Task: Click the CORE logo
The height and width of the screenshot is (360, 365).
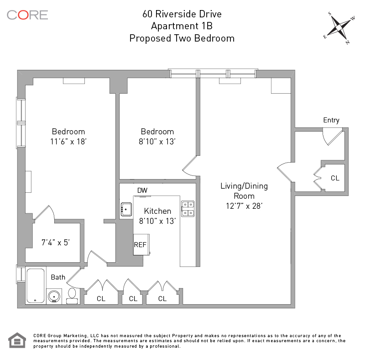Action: click(27, 15)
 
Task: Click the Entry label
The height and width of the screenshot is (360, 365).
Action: click(331, 120)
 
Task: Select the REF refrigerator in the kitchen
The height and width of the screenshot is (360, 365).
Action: click(140, 245)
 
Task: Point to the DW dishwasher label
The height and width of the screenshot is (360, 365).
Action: click(142, 190)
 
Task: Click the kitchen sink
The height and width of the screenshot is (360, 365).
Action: click(126, 210)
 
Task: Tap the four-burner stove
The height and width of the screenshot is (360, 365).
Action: click(188, 208)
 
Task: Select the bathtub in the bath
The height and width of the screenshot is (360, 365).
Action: click(35, 286)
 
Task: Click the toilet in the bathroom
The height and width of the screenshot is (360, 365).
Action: click(72, 295)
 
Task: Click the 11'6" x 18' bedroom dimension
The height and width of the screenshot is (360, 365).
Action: click(68, 142)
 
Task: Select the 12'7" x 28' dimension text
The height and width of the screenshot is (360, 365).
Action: click(244, 206)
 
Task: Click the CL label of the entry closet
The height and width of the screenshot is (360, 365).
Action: click(335, 178)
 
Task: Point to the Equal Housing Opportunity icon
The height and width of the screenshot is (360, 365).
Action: click(17, 341)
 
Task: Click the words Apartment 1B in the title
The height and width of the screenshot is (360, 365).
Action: click(182, 26)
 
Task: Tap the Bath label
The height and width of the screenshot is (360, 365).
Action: click(58, 277)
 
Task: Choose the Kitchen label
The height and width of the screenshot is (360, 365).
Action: click(157, 211)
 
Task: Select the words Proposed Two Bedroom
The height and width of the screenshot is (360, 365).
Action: click(182, 38)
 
